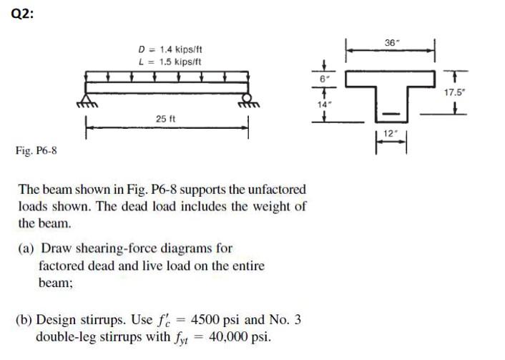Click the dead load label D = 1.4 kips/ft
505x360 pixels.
[x=170, y=49]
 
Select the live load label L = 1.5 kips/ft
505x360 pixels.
[x=170, y=60]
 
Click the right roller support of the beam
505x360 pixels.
[x=247, y=98]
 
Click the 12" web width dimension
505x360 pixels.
[x=391, y=134]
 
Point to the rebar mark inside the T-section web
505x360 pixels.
[x=391, y=113]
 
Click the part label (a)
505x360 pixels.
[x=29, y=248]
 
